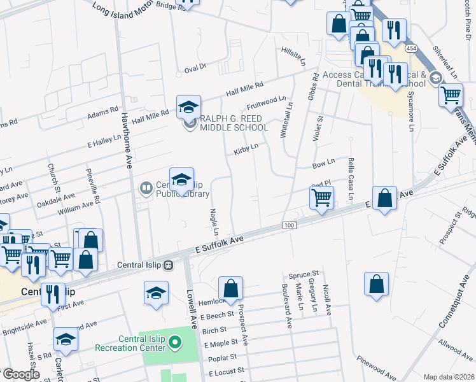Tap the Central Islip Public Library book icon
[145, 187]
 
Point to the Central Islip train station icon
[169, 265]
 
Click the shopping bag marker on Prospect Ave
[230, 288]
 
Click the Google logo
[21, 374]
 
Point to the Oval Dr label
[195, 66]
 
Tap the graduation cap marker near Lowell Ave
[156, 293]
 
